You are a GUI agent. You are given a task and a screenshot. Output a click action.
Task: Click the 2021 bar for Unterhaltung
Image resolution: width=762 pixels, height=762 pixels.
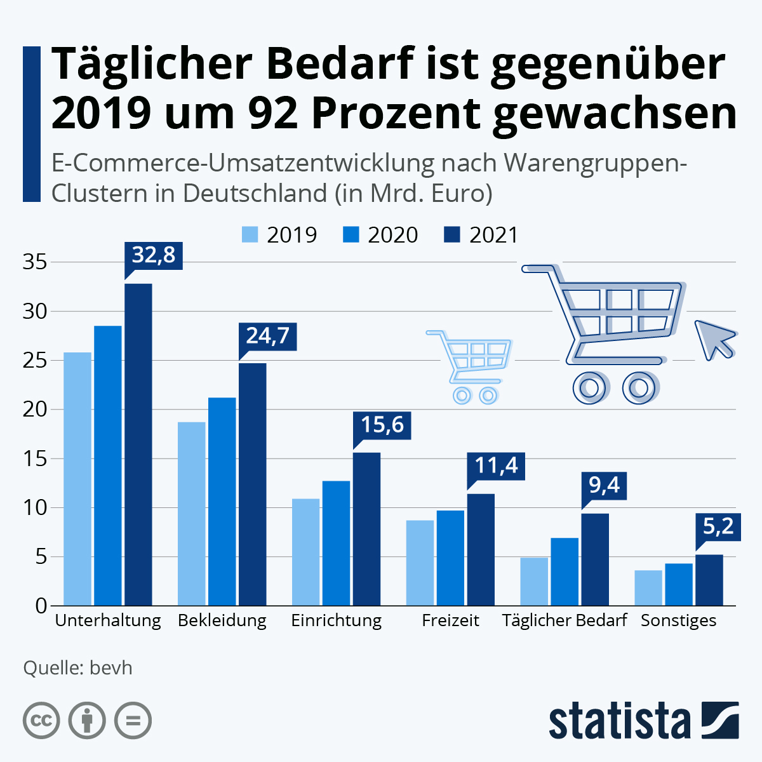point(138,444)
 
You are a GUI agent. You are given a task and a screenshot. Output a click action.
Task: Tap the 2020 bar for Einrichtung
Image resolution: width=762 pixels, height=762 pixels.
point(336,543)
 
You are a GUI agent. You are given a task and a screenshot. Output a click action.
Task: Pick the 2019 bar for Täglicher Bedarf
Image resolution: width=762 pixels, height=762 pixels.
point(534,581)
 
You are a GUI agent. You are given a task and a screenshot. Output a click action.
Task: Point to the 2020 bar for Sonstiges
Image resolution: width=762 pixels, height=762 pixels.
point(679,584)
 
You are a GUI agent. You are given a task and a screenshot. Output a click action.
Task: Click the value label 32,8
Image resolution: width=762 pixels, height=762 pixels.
point(154,255)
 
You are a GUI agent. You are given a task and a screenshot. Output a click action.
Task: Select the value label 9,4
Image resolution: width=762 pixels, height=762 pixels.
point(604,485)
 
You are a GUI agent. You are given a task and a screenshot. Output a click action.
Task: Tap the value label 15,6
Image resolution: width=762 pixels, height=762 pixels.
point(382,424)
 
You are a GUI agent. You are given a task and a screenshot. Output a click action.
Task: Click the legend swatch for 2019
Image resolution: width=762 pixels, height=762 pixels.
point(250,235)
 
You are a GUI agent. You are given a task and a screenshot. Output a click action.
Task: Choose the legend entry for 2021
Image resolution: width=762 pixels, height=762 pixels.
point(481,235)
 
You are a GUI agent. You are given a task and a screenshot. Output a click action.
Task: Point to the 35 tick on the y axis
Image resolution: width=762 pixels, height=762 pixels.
point(35,262)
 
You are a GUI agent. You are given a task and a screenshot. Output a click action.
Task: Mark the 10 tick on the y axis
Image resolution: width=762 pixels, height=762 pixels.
point(35,507)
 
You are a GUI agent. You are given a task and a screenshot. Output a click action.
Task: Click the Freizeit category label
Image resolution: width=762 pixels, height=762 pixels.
point(450,620)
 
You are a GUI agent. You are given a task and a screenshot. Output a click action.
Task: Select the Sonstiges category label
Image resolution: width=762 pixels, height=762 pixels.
point(678,620)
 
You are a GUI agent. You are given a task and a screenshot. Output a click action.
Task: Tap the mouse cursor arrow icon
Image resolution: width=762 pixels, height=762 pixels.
point(714,338)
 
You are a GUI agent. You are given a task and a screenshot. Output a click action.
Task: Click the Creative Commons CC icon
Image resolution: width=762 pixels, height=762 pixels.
point(41,721)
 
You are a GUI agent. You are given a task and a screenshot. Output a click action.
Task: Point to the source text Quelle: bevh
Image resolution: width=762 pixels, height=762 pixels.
point(77,668)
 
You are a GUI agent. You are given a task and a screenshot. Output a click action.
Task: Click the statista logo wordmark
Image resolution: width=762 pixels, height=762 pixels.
point(619,721)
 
